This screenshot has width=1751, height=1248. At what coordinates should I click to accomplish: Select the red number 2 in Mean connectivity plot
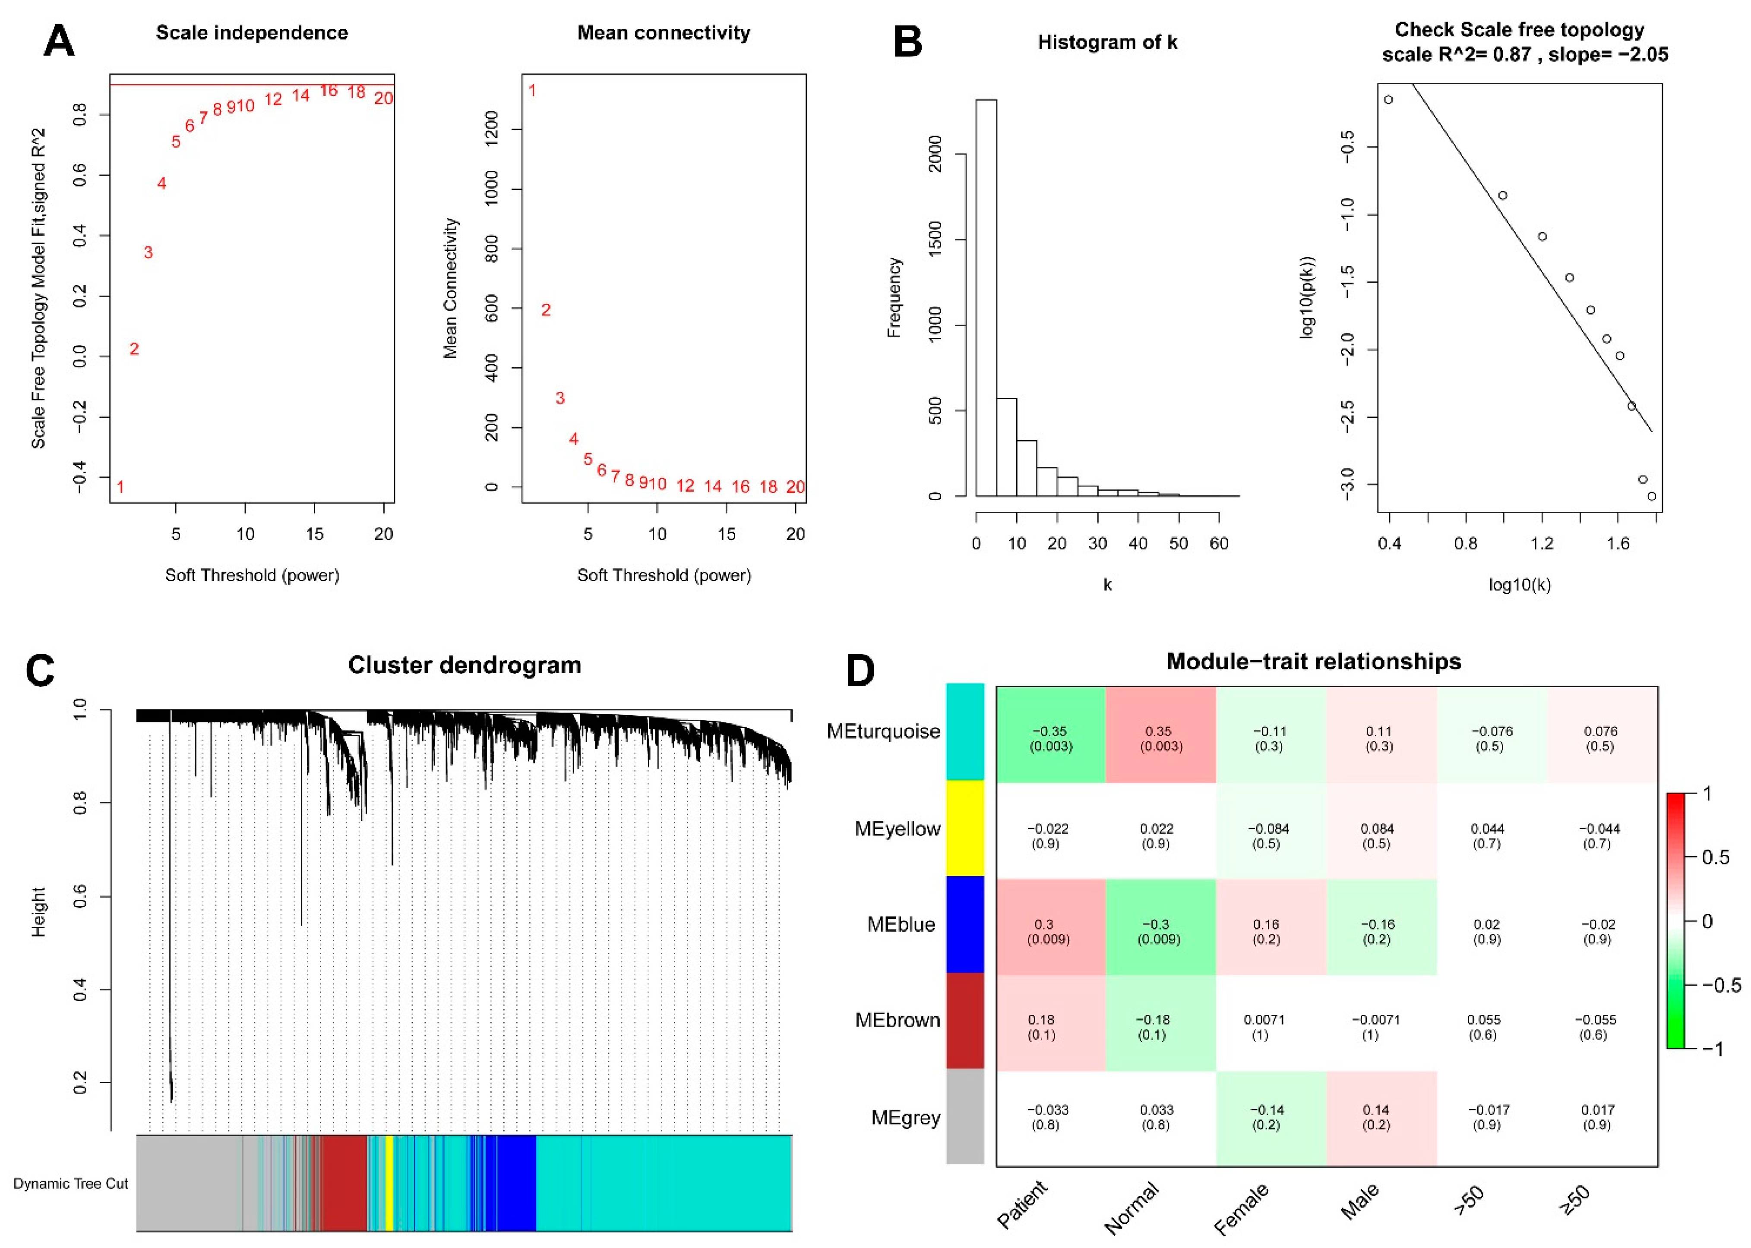pos(546,310)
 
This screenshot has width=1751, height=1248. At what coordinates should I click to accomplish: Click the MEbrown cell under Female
pos(1270,1027)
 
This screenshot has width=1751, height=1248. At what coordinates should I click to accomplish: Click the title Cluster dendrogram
pos(464,665)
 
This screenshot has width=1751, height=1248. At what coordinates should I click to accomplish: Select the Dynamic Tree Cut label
pos(71,1183)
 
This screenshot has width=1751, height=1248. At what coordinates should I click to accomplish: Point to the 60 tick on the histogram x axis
pos(1219,543)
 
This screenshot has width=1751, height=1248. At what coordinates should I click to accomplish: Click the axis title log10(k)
pos(1520,585)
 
